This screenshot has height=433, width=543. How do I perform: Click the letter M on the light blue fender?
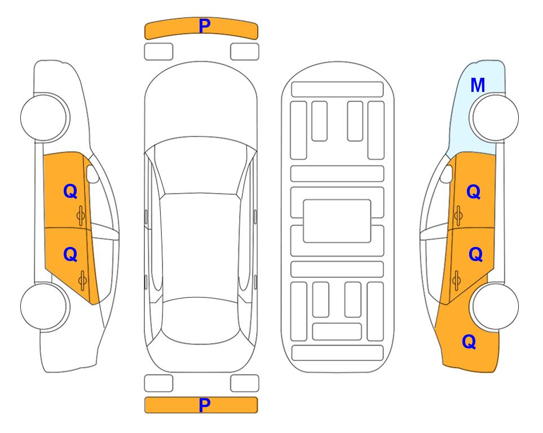pyautogui.click(x=478, y=85)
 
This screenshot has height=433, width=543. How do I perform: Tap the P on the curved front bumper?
pyautogui.click(x=205, y=26)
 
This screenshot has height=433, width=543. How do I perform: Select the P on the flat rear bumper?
pyautogui.click(x=205, y=405)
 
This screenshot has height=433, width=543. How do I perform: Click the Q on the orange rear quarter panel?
pyautogui.click(x=469, y=342)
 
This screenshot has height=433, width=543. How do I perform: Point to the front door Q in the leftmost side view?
pyautogui.click(x=70, y=191)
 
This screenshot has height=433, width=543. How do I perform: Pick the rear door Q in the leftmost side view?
pyautogui.click(x=70, y=255)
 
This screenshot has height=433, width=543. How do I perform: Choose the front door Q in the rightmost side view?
pyautogui.click(x=474, y=192)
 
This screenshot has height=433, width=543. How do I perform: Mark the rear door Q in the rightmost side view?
pyautogui.click(x=475, y=255)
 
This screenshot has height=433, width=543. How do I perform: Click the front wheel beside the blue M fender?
pyautogui.click(x=495, y=118)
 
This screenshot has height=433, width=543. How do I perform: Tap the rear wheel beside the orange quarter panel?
pyautogui.click(x=495, y=306)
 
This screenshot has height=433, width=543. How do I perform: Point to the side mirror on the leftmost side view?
pyautogui.click(x=92, y=174)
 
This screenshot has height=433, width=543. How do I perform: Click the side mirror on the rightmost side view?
pyautogui.click(x=447, y=174)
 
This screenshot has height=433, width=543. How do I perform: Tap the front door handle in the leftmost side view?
pyautogui.click(x=81, y=215)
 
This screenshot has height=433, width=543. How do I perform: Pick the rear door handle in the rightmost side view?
pyautogui.click(x=457, y=280)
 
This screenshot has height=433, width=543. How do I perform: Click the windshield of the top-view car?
pyautogui.click(x=201, y=166)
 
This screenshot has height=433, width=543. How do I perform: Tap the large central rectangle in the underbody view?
pyautogui.click(x=337, y=221)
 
